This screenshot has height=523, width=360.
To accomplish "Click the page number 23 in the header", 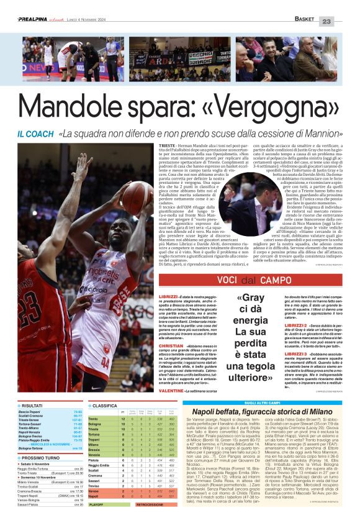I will [344, 21].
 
